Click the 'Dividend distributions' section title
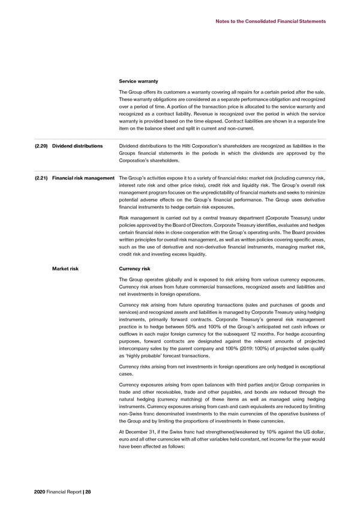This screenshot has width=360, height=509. click(x=77, y=146)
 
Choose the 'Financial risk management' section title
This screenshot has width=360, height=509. click(x=83, y=178)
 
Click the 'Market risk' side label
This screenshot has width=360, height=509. click(x=65, y=270)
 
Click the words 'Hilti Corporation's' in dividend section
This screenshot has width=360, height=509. click(x=216, y=146)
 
